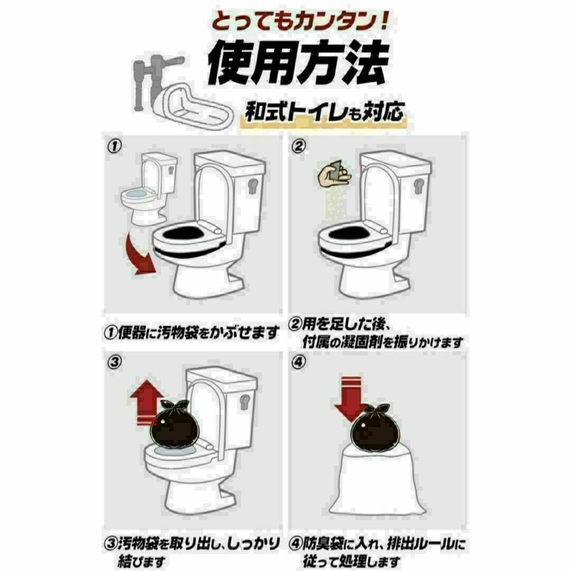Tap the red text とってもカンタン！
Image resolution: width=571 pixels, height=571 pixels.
(300, 21)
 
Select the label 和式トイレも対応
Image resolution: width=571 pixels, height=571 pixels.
(325, 112)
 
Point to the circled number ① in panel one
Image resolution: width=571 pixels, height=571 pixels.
(114, 147)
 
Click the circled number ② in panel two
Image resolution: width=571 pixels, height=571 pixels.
(298, 146)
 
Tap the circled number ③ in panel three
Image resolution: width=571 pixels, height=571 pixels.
(114, 362)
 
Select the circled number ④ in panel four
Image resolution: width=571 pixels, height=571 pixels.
(298, 362)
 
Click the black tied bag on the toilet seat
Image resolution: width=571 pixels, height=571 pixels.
(175, 424)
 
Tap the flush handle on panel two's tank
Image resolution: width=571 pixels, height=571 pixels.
(419, 186)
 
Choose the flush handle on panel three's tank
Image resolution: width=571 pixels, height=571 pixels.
(245, 401)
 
